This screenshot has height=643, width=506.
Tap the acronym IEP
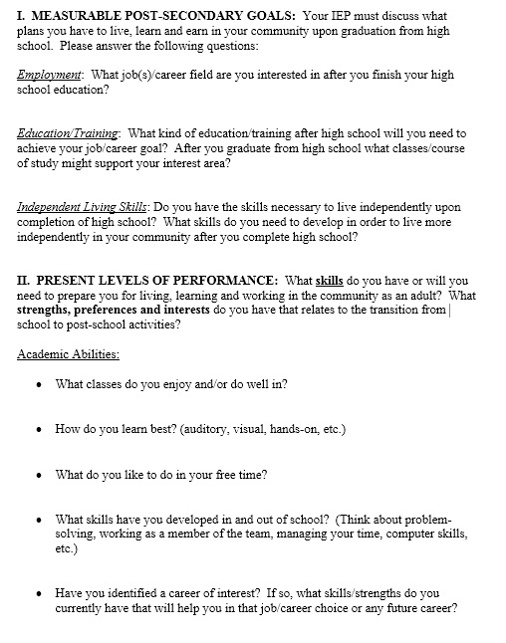pyautogui.click(x=344, y=17)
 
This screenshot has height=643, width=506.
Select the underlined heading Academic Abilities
pyautogui.click(x=68, y=353)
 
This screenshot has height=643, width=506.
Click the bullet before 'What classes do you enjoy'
pyautogui.click(x=38, y=384)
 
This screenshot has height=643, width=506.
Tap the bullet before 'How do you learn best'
pyautogui.click(x=38, y=430)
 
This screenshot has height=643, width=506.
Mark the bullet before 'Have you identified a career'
pyautogui.click(x=38, y=592)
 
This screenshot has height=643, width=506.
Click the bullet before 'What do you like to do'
pyautogui.click(x=38, y=475)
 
